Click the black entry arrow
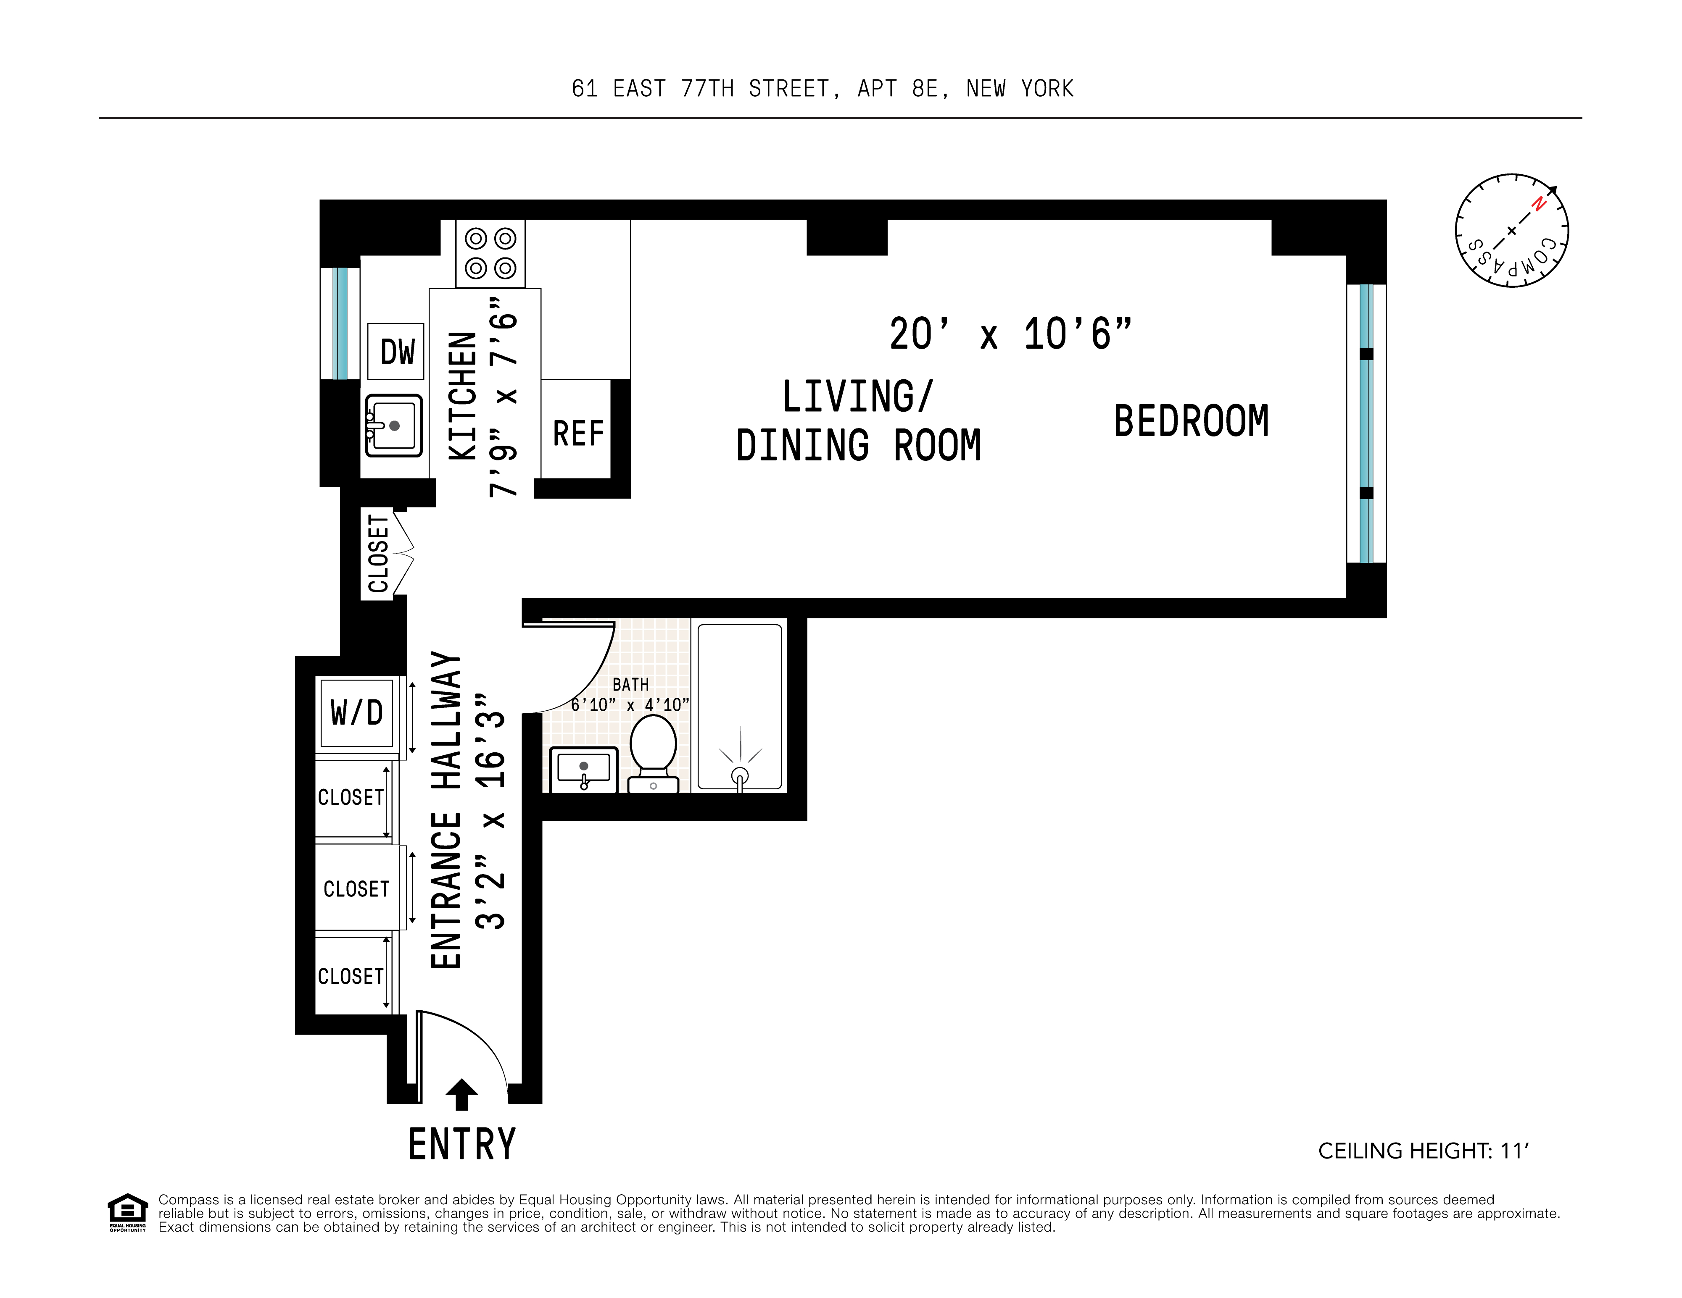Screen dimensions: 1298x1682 tap(461, 1093)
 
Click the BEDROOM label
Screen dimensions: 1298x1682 tap(1191, 421)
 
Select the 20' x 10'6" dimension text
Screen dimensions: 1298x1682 tap(1010, 334)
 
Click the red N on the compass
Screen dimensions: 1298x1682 tap(1538, 204)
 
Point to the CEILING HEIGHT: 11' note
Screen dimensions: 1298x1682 tap(1422, 1151)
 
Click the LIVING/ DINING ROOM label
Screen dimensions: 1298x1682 tap(858, 421)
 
